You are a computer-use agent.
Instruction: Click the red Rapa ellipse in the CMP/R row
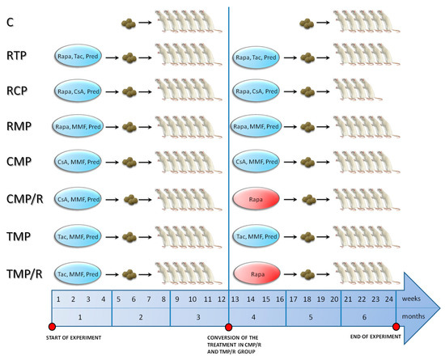point(256,199)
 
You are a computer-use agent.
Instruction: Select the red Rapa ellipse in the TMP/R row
point(256,273)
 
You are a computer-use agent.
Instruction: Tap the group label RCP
point(17,91)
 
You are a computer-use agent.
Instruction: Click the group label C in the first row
point(10,22)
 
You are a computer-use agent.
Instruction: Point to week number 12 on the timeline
point(222,299)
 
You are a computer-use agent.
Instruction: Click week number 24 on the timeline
point(389,299)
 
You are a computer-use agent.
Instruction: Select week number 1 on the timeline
point(58,299)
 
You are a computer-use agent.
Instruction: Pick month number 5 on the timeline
point(311,317)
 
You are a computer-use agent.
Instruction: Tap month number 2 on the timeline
point(141,317)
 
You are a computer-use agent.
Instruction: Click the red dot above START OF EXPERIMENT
point(52,327)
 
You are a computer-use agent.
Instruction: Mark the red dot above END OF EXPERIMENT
point(396,327)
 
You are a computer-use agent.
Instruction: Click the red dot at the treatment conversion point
point(228,327)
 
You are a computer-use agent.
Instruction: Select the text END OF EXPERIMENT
point(375,337)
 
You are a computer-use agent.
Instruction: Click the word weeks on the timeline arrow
point(411,299)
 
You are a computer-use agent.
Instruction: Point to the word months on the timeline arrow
point(413,316)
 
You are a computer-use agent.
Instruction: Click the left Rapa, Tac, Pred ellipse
point(78,56)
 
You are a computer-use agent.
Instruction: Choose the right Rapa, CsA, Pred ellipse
point(256,91)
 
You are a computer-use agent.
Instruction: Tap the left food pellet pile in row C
point(129,23)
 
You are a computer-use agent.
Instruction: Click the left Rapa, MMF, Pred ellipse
point(78,126)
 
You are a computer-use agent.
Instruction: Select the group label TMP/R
point(24,274)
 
